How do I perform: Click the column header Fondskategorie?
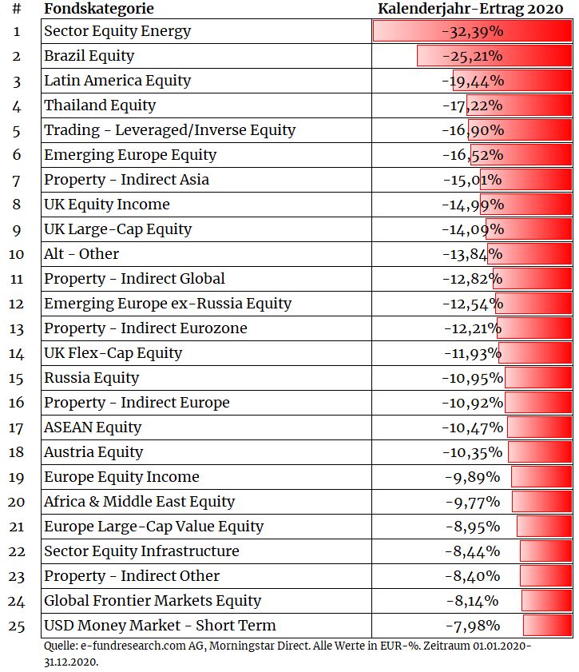(99, 9)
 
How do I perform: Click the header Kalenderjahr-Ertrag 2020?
(470, 9)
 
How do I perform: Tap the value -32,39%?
(472, 32)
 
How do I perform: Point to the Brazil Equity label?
(89, 56)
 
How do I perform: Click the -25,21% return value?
(472, 56)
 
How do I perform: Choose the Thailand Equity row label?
(100, 105)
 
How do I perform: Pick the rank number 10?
(16, 254)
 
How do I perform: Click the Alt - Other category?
(81, 254)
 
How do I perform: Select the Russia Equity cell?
(92, 378)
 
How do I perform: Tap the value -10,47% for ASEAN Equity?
(472, 427)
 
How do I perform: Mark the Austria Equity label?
(93, 452)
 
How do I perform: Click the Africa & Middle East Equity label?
(139, 502)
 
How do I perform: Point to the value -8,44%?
(472, 551)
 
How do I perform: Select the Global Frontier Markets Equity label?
(153, 601)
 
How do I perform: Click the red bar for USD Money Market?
(547, 626)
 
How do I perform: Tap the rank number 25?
(16, 626)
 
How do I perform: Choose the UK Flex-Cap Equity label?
(113, 353)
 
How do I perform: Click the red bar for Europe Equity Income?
(541, 477)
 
